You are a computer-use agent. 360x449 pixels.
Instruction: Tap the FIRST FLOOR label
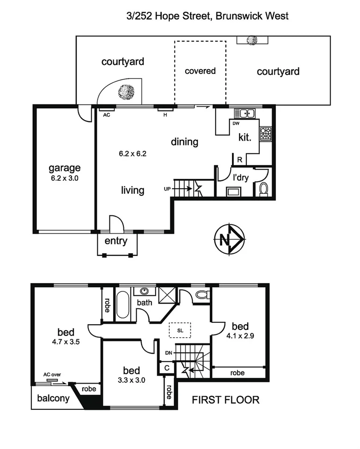click(226, 400)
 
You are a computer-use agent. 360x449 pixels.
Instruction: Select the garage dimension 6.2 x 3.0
click(65, 178)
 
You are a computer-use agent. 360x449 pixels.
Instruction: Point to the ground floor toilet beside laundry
click(263, 189)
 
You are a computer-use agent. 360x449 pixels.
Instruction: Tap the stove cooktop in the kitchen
click(266, 134)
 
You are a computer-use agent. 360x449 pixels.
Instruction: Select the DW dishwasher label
click(236, 123)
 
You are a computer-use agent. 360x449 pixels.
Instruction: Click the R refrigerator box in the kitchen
click(239, 159)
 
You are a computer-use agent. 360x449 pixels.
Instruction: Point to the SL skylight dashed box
click(180, 330)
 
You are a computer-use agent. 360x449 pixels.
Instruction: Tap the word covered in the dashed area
click(200, 71)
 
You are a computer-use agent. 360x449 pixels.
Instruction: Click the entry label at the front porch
click(115, 241)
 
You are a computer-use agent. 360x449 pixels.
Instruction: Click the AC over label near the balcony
click(52, 374)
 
